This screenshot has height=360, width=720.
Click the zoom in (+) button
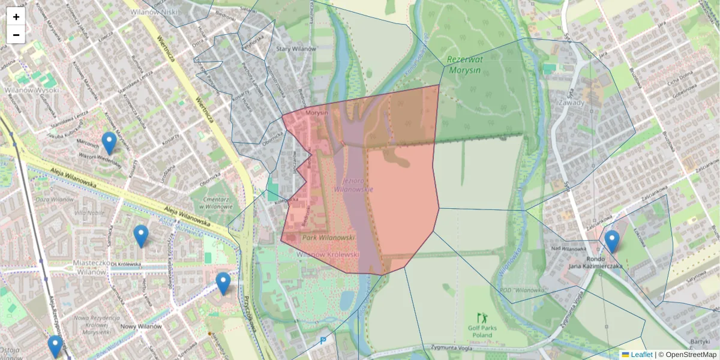(16, 17)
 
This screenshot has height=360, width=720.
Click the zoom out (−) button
(16, 35)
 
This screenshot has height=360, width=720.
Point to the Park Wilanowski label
(328, 238)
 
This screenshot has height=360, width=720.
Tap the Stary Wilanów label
(296, 49)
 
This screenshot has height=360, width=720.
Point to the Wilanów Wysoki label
(32, 91)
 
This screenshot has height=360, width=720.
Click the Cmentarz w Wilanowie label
(210, 202)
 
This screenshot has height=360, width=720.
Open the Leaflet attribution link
(641, 355)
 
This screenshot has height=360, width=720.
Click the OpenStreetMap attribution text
(691, 355)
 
